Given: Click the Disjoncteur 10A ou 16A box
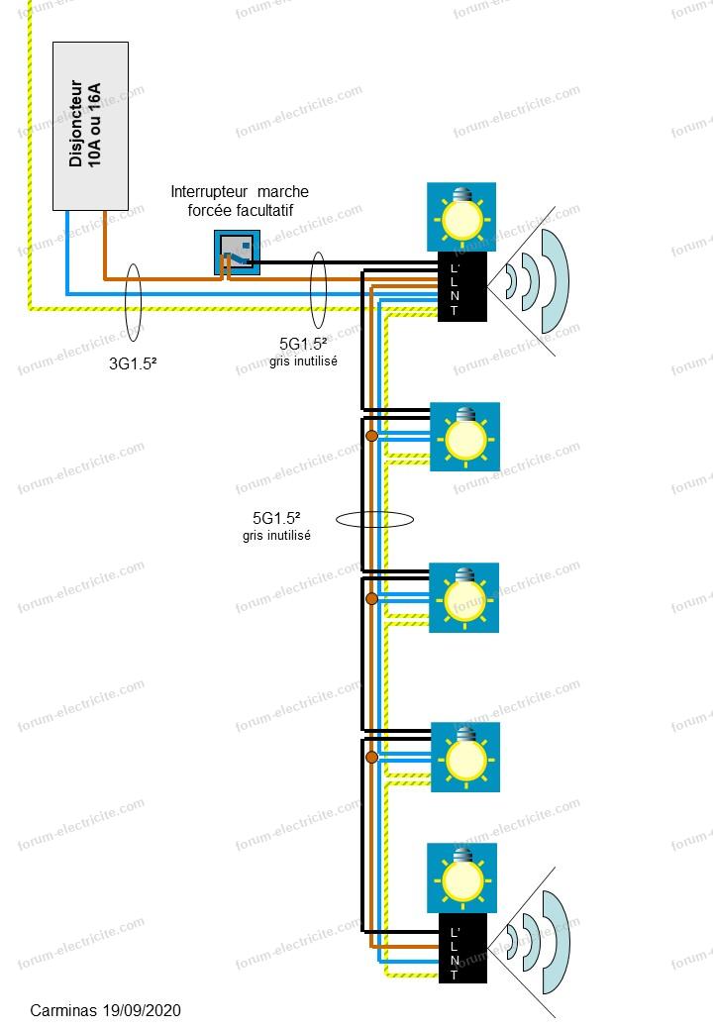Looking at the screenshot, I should (91, 125).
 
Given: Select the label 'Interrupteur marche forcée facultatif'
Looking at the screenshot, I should (240, 200).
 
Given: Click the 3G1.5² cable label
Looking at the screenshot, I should (134, 363).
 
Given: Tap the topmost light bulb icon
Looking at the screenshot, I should (460, 217).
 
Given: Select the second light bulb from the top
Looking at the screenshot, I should (464, 437).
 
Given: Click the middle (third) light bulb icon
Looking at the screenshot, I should (464, 597).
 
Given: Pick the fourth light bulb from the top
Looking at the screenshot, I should (464, 757).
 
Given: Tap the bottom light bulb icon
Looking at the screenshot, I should (460, 876).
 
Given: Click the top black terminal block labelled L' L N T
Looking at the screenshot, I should (461, 286).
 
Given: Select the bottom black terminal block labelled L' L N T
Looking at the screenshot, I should (461, 949).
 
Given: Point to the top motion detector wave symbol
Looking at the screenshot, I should (535, 280).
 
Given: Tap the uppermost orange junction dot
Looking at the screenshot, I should (371, 437).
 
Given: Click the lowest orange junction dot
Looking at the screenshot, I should (371, 758).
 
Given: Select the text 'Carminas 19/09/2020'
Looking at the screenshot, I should (106, 1010).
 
